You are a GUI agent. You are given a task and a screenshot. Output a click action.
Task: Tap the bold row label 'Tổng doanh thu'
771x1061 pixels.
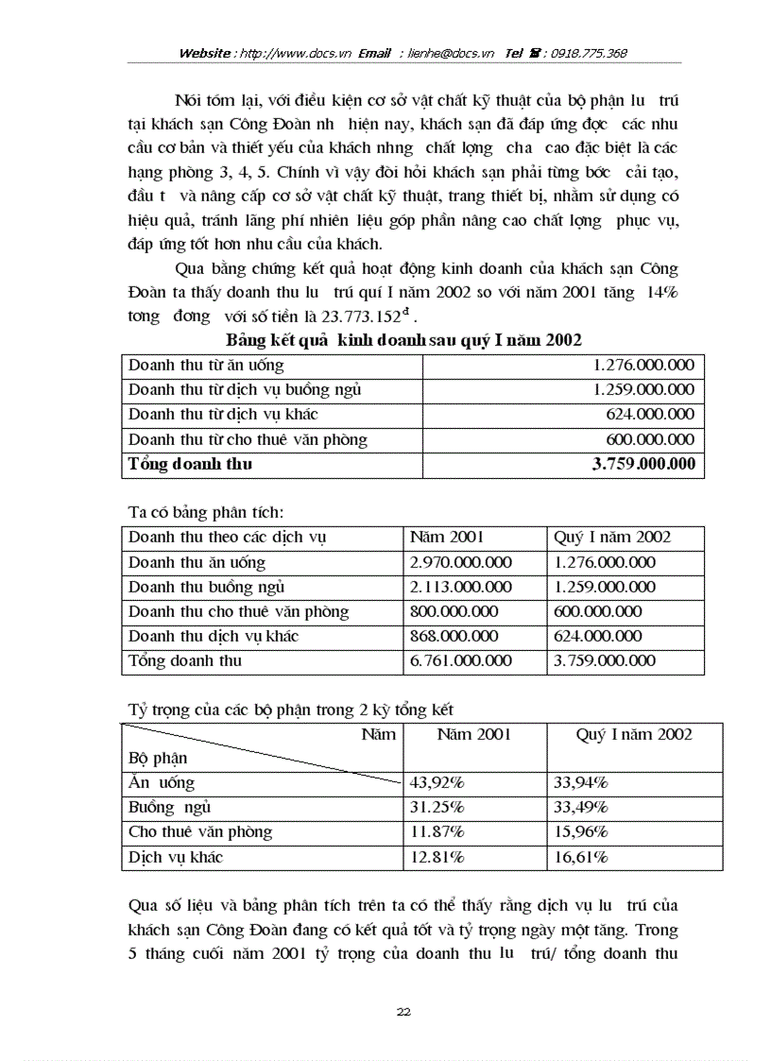[x=190, y=464]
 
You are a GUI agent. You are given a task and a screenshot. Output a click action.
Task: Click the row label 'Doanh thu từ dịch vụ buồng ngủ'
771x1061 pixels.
[x=245, y=389]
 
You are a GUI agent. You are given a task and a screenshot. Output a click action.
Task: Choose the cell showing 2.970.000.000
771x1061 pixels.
[x=461, y=562]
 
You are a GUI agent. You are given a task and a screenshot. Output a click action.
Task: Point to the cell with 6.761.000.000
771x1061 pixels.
[x=461, y=660]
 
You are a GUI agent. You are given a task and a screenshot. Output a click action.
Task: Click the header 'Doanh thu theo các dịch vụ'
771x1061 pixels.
[x=228, y=537]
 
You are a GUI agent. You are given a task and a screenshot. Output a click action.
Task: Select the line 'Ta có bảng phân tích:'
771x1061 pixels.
[x=205, y=512]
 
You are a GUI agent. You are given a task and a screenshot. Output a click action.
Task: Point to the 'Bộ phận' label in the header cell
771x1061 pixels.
[x=158, y=758]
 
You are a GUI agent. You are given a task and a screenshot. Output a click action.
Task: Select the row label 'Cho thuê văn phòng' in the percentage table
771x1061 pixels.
[x=199, y=832]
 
